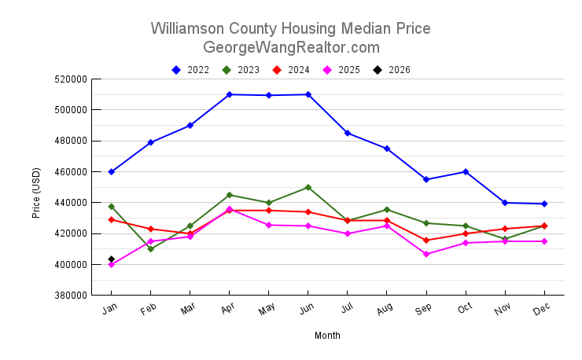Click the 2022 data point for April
(229, 94)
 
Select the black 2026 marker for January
(112, 259)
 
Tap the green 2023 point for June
(308, 187)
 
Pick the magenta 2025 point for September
(425, 254)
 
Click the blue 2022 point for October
(465, 171)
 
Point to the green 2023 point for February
(150, 248)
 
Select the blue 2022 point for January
(112, 171)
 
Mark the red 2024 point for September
(425, 241)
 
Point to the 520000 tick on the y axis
(69, 79)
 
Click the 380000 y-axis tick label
(69, 296)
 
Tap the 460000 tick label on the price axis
(69, 172)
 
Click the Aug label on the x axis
(385, 311)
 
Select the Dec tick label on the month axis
(542, 311)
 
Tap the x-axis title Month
(327, 336)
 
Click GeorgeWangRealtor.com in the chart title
(291, 47)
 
